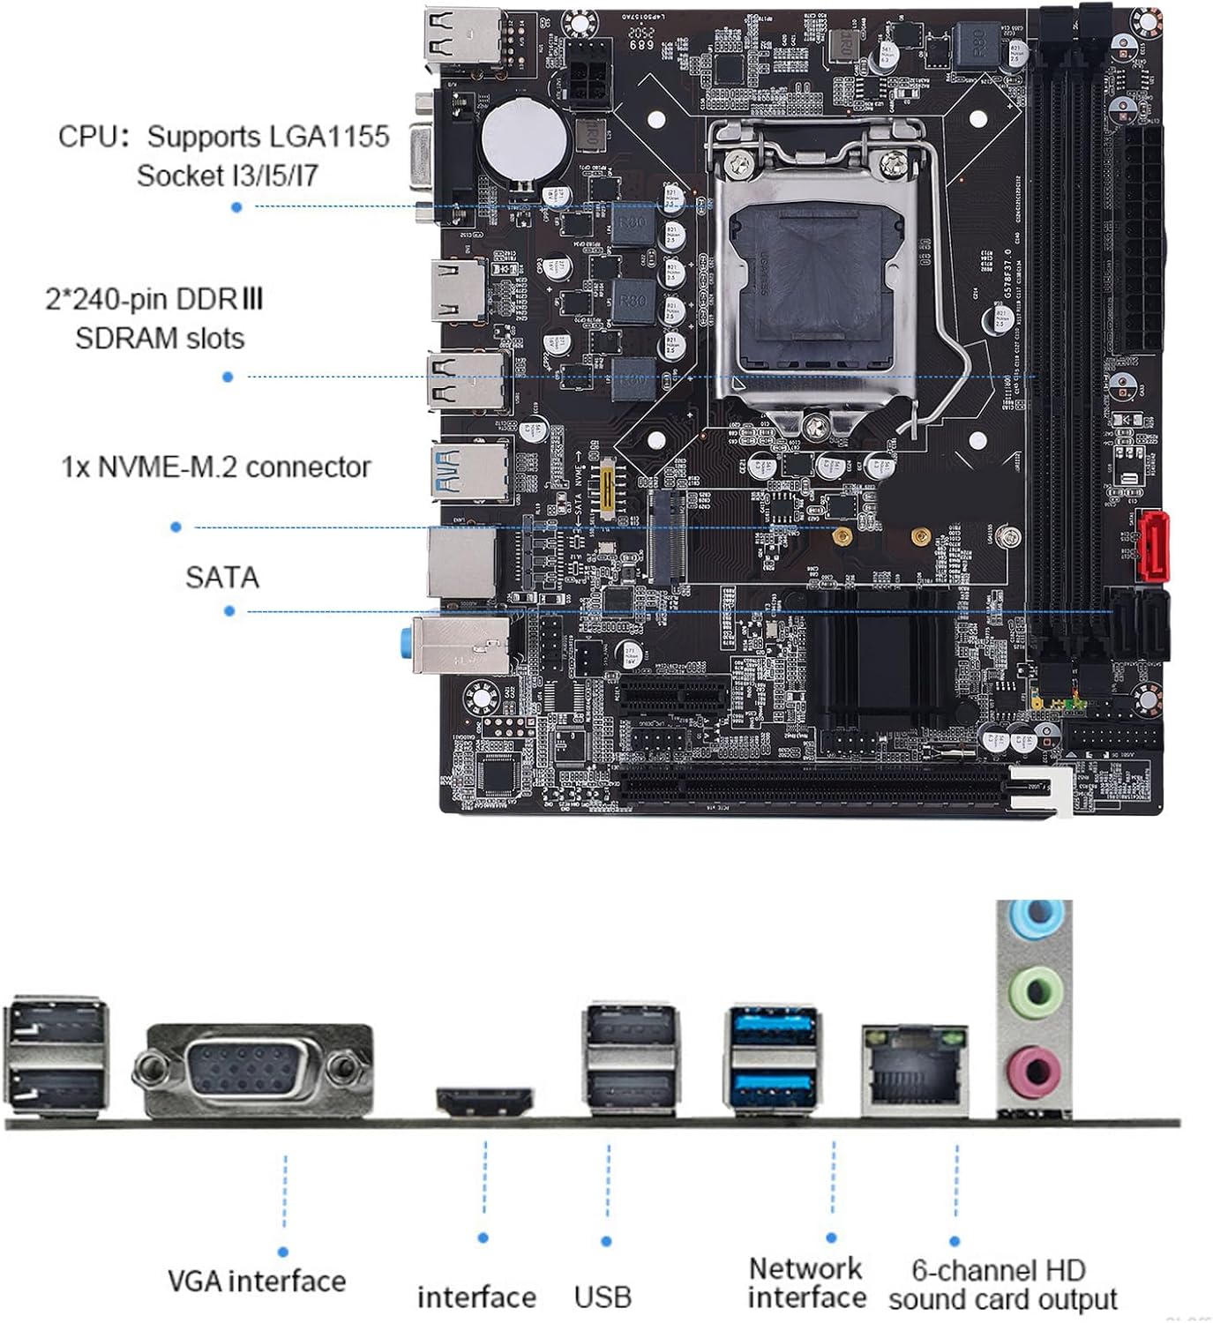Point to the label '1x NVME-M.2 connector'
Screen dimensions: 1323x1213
pos(216,467)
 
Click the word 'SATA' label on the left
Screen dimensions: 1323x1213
pos(221,577)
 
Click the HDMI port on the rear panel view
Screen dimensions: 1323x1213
pos(484,1101)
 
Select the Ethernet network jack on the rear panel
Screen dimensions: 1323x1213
pos(914,1069)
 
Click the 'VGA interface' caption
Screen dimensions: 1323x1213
pos(257,1281)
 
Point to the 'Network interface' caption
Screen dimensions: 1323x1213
pos(806,1283)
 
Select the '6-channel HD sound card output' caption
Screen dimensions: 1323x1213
pos(1002,1284)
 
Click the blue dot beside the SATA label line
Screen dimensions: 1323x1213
pos(229,610)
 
